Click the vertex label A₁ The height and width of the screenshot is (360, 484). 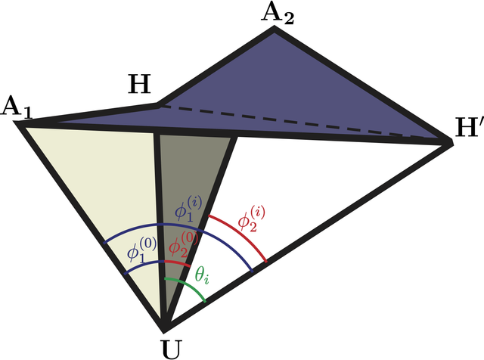[x=17, y=110]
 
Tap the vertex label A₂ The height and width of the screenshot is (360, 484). [x=278, y=14]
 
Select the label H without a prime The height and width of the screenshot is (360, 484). [x=139, y=84]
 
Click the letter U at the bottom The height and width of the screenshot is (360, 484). [x=171, y=349]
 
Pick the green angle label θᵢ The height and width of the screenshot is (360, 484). [x=202, y=275]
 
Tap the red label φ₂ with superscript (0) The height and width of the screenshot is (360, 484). [x=183, y=245]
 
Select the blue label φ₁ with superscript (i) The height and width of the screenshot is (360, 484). [x=188, y=210]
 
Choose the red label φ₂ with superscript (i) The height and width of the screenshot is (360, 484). [x=251, y=220]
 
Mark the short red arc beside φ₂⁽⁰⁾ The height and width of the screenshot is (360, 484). [x=178, y=262]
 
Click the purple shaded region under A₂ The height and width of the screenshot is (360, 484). [x=278, y=92]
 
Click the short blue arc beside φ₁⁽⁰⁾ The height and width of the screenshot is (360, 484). [x=144, y=265]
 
